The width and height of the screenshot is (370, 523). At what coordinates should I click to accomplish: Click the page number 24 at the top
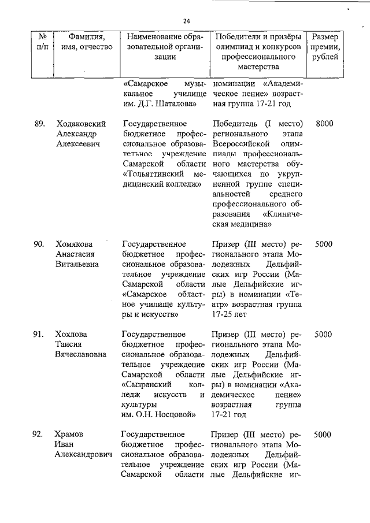click(186, 21)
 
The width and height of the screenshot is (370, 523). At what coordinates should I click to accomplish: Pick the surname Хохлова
click(71, 334)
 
